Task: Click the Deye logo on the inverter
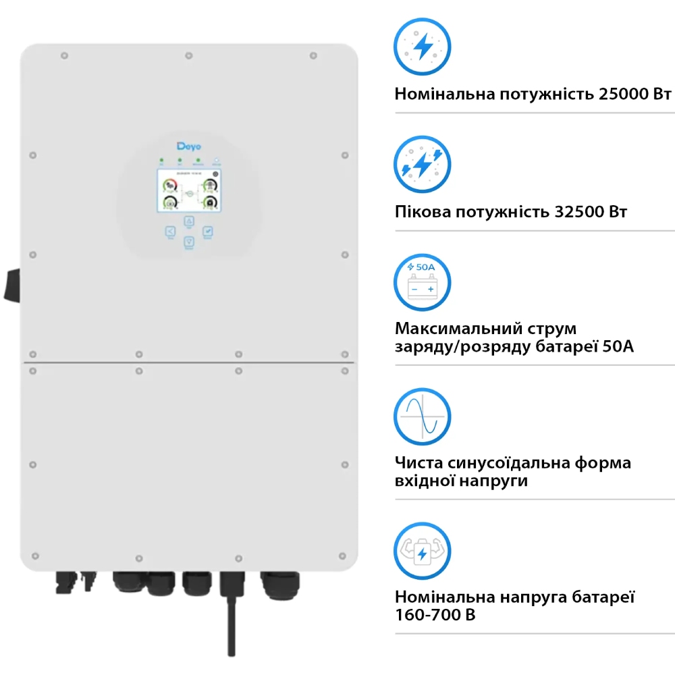(189, 146)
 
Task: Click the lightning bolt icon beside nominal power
(423, 47)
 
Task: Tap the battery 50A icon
(423, 281)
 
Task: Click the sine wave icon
(423, 416)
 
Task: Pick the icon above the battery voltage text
(423, 551)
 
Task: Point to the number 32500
(578, 212)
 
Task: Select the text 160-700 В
(435, 616)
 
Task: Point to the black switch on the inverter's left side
(12, 286)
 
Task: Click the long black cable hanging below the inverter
(231, 614)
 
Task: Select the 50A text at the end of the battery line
(615, 347)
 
